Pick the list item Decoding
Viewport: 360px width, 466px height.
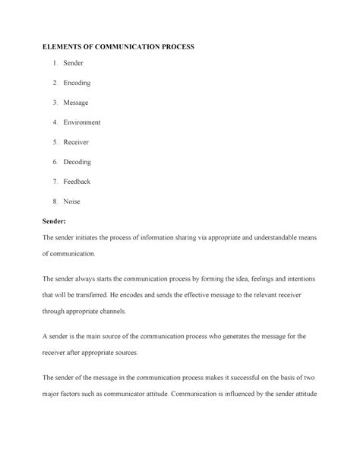pyautogui.click(x=78, y=162)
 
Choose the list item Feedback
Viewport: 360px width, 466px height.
pyautogui.click(x=79, y=182)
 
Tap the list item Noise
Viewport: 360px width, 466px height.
pyautogui.click(x=72, y=201)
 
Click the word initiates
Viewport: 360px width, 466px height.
pyautogui.click(x=99, y=238)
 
